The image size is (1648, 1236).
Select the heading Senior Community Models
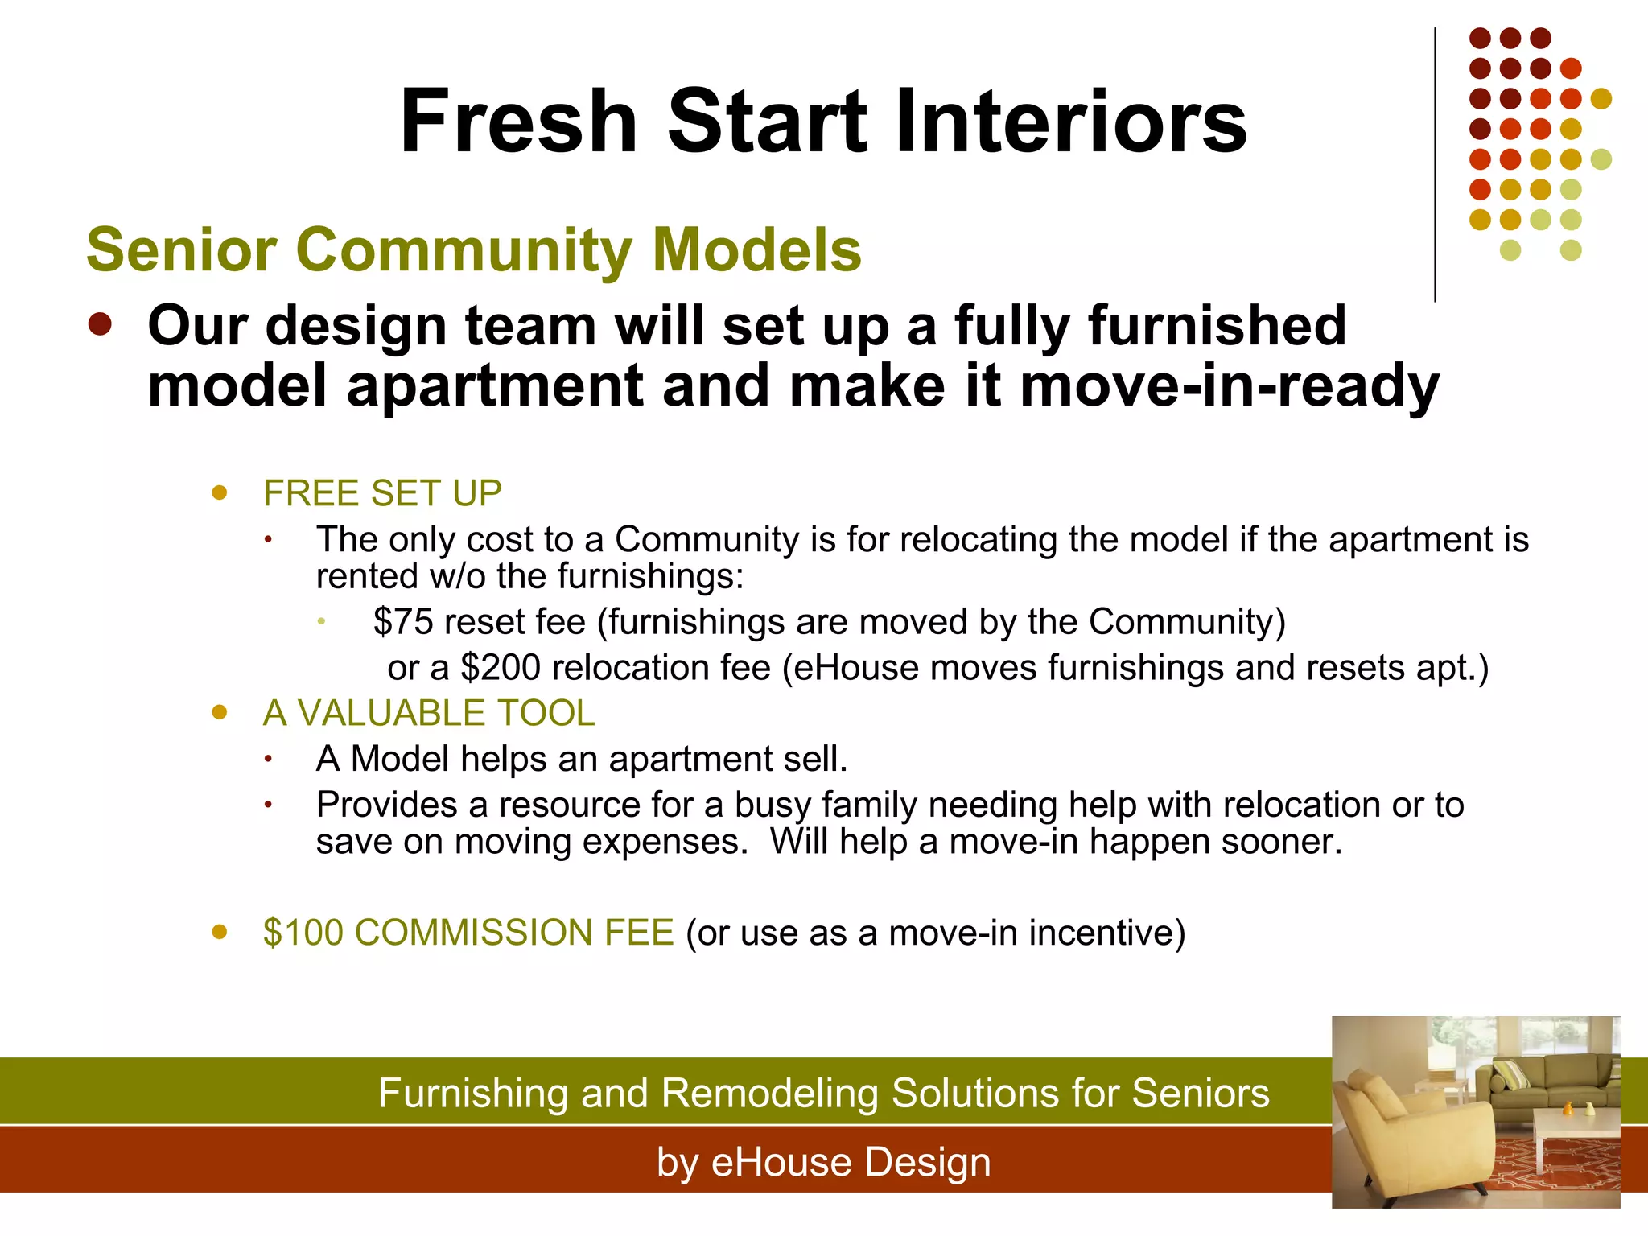pos(473,249)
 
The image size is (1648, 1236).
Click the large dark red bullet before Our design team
pos(100,325)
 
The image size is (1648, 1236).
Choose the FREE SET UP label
pos(382,493)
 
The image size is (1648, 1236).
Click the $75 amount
pos(403,622)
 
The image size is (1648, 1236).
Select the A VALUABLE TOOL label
pos(429,713)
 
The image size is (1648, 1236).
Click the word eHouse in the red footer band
pos(781,1163)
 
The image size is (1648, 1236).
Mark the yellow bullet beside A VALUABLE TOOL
pos(219,712)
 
